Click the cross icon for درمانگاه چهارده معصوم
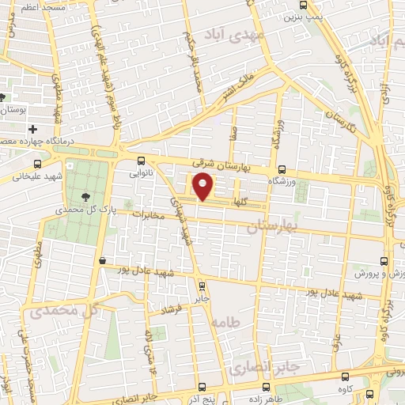click(32, 128)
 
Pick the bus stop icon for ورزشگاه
click(282, 168)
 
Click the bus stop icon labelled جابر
click(202, 286)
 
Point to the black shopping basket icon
click(103, 260)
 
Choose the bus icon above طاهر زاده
click(267, 388)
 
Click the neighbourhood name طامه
click(225, 322)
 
